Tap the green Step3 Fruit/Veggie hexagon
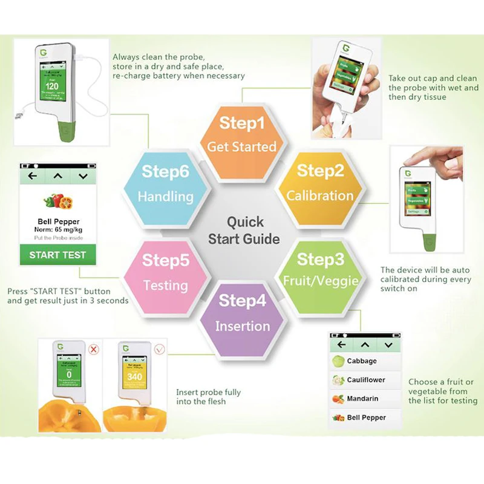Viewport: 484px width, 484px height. click(321, 270)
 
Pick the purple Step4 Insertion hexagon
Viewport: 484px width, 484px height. click(243, 313)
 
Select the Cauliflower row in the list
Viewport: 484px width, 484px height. click(365, 380)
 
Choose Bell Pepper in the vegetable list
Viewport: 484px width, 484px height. click(365, 417)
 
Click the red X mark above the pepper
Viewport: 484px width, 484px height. click(93, 350)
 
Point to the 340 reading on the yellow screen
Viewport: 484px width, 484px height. click(134, 377)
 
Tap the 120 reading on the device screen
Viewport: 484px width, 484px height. click(52, 87)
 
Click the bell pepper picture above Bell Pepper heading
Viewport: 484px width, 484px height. click(57, 201)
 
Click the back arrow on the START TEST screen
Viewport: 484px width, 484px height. click(32, 176)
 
